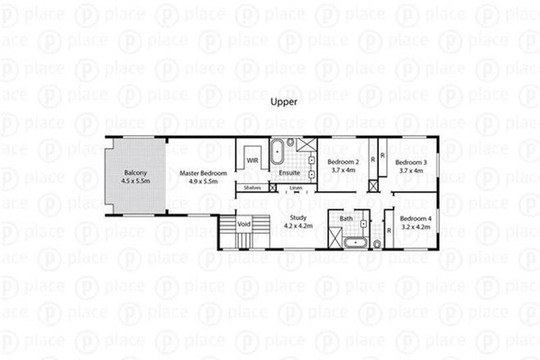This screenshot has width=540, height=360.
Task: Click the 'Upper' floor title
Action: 283,103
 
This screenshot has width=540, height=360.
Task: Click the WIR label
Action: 253,160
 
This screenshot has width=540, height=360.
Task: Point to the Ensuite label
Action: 289,173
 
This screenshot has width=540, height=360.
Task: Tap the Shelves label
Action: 253,188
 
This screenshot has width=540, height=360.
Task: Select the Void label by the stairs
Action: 243,223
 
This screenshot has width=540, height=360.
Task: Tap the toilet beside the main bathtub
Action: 377,244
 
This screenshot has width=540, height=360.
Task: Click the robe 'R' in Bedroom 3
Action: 383,154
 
